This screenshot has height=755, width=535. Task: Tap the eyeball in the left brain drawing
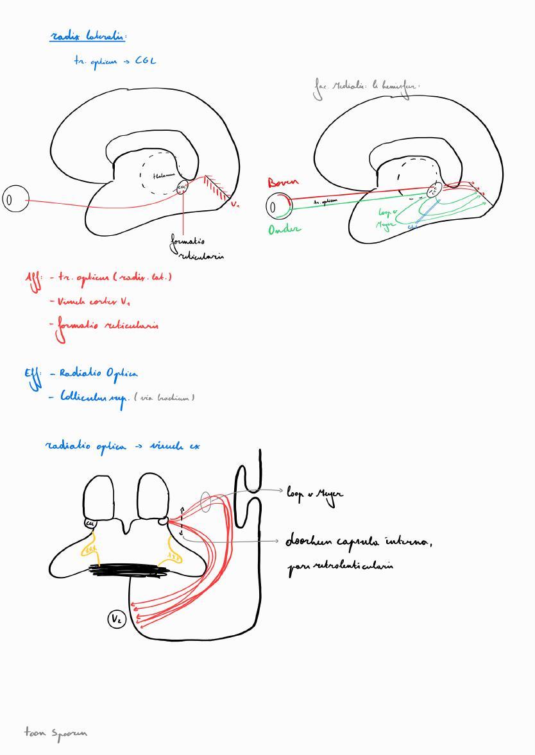[16, 199]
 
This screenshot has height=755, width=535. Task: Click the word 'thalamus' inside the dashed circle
[164, 175]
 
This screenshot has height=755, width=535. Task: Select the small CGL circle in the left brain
[182, 188]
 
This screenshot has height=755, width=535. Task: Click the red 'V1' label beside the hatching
[235, 205]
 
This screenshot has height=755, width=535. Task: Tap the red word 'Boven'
[283, 183]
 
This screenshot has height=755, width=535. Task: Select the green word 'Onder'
[284, 229]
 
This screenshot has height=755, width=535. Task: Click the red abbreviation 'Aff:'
[33, 279]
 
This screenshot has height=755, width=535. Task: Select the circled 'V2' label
[117, 619]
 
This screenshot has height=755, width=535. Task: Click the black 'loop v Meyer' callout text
[314, 494]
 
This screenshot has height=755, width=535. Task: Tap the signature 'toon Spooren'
[56, 733]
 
